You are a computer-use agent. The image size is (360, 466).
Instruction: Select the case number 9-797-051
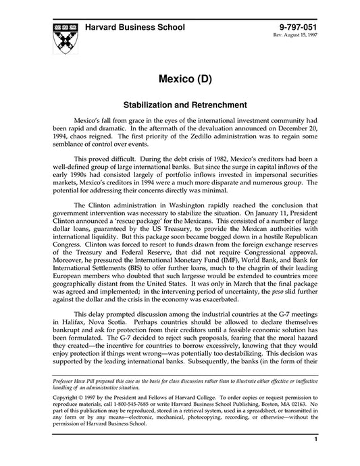coord(292,28)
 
